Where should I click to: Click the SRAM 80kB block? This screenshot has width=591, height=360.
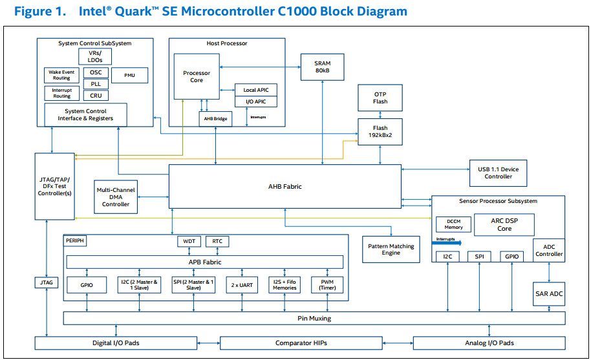[322, 67]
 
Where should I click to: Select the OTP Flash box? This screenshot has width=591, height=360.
[380, 98]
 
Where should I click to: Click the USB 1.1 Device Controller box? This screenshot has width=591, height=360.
[498, 173]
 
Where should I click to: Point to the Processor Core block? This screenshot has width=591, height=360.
[197, 76]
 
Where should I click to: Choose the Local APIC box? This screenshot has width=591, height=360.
[255, 90]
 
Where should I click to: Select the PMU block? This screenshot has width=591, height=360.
[129, 76]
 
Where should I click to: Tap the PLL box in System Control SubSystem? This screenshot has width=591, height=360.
[96, 84]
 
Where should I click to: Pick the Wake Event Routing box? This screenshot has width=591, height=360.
[61, 75]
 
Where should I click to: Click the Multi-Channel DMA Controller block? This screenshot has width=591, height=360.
[116, 196]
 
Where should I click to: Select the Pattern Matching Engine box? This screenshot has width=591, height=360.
[391, 249]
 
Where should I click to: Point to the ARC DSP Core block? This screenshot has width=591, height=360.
[504, 224]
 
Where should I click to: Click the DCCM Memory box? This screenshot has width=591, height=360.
[453, 224]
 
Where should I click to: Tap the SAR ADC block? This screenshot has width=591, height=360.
[549, 294]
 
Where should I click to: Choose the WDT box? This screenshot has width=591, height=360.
[189, 242]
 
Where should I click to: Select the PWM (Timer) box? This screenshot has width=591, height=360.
[327, 284]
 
